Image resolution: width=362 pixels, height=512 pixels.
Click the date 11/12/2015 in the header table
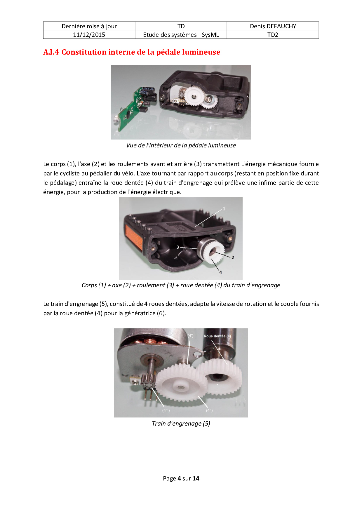(89, 35)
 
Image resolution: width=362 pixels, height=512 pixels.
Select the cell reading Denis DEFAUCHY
(273, 26)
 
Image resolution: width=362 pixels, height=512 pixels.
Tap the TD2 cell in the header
(273, 35)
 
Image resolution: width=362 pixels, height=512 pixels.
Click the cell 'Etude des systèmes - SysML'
(181, 35)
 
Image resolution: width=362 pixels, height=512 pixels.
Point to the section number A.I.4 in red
(51, 52)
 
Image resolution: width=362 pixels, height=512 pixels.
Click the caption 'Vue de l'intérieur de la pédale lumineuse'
(181, 145)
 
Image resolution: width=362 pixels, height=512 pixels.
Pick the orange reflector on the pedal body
(133, 238)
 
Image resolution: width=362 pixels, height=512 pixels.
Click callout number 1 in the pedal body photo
(224, 209)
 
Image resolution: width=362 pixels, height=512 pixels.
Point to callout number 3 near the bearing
(177, 247)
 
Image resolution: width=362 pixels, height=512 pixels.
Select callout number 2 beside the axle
(233, 257)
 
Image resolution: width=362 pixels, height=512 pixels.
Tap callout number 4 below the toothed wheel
(220, 272)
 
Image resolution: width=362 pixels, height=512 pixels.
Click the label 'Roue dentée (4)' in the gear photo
(217, 336)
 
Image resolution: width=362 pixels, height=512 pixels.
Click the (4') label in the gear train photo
(190, 336)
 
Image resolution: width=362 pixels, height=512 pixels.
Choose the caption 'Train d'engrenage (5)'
(181, 424)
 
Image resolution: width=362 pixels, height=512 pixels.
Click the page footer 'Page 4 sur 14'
(181, 478)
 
